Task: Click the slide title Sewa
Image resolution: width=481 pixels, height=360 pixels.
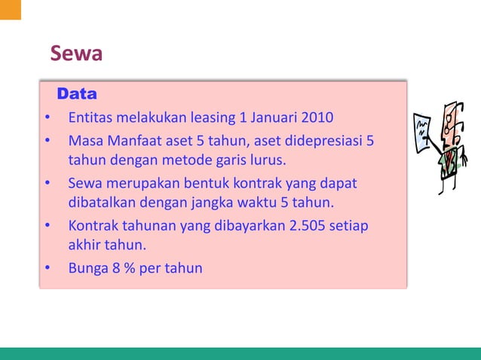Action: point(75,55)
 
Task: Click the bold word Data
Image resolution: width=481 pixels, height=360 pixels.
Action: point(77,95)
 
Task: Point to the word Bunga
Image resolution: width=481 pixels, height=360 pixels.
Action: point(88,267)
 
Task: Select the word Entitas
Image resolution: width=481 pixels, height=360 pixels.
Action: point(90,118)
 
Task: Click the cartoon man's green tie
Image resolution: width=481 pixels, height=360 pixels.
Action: point(450,159)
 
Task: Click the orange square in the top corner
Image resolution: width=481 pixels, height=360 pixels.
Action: point(10,9)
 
